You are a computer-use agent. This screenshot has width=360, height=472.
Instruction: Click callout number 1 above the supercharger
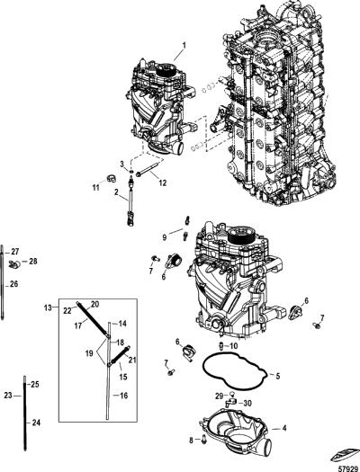point(184,46)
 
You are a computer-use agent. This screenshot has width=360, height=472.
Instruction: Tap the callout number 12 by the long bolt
point(163,183)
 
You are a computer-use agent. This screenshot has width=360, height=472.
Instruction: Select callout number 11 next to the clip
point(95,188)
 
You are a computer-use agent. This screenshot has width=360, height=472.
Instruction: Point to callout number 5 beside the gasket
point(277,376)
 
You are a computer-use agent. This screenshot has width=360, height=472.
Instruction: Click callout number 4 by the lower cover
point(284,428)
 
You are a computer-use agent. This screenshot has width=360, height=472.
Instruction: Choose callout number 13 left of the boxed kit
point(48,307)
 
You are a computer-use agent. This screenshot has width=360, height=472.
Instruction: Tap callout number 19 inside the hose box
point(89,353)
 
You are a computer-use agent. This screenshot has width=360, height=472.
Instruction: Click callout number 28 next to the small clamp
point(32,262)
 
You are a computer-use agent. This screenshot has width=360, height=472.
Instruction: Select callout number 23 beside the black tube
point(8,396)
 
